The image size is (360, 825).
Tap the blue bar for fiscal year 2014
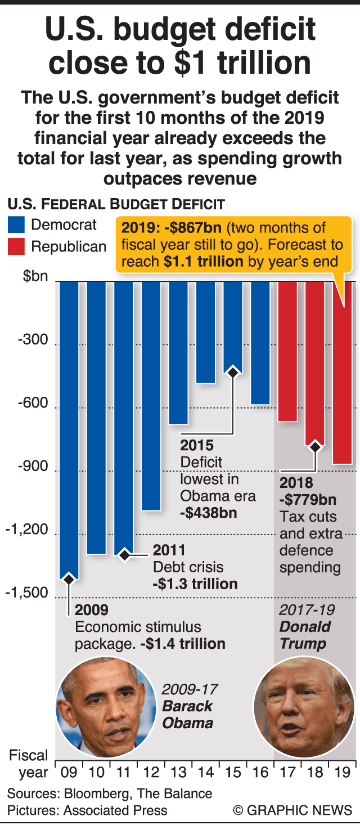click(205, 332)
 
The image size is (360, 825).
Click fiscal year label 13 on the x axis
click(178, 772)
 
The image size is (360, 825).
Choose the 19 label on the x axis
click(343, 772)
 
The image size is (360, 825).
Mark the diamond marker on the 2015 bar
click(233, 372)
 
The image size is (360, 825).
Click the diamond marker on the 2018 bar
click(315, 447)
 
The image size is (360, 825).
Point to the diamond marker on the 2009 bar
click(69, 579)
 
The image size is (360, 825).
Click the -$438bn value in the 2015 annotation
click(208, 513)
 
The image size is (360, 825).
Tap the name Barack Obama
click(187, 714)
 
